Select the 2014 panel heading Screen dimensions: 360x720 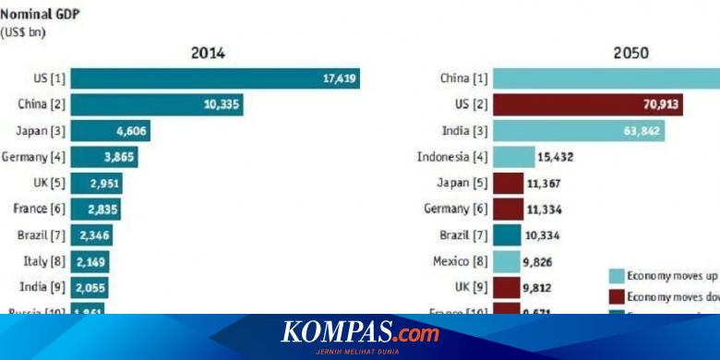point(208,53)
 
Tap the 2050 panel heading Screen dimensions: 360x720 point(630,53)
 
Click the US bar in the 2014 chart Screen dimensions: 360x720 point(214,78)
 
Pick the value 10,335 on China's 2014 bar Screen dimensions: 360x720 point(222,105)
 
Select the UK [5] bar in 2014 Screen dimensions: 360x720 point(96,183)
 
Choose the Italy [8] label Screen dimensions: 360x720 point(42,261)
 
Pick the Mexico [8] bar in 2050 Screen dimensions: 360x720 point(506,261)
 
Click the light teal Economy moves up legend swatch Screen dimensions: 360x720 point(614,275)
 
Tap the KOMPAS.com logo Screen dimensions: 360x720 point(360,331)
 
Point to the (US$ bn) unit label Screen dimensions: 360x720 point(23,32)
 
